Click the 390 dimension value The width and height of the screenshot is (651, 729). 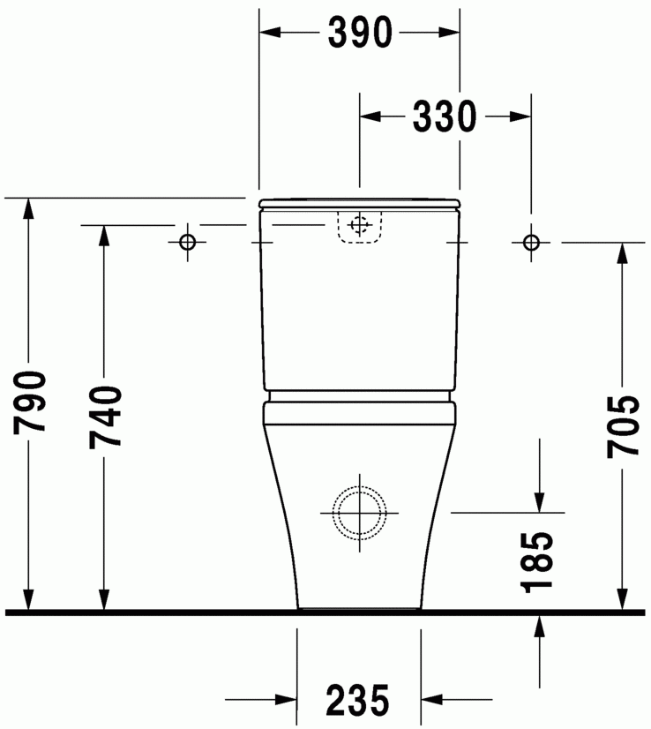pyautogui.click(x=359, y=33)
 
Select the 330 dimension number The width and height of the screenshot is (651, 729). pyautogui.click(x=445, y=116)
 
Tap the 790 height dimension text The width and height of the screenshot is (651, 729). pyautogui.click(x=31, y=402)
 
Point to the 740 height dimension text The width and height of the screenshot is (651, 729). pyautogui.click(x=105, y=417)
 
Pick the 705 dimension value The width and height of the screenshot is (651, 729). pyautogui.click(x=623, y=426)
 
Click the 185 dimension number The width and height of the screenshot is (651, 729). pyautogui.click(x=538, y=561)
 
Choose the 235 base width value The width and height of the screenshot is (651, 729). pyautogui.click(x=358, y=702)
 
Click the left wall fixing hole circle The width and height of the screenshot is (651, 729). pyautogui.click(x=187, y=242)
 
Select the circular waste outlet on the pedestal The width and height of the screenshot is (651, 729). pyautogui.click(x=359, y=511)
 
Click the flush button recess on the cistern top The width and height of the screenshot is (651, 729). pyautogui.click(x=359, y=226)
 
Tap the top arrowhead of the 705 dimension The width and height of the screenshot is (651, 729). pyautogui.click(x=623, y=252)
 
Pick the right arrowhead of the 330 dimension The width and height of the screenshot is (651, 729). pyautogui.click(x=520, y=116)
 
